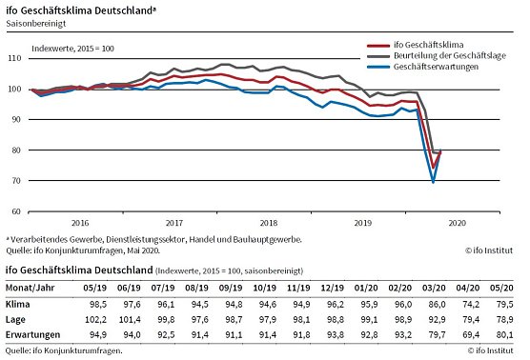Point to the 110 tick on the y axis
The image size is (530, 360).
[19, 58]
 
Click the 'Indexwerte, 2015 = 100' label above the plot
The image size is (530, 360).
[72, 47]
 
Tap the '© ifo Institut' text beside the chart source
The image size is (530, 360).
[494, 250]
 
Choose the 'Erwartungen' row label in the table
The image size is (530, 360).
[35, 335]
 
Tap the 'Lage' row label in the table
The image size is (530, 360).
[19, 318]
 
